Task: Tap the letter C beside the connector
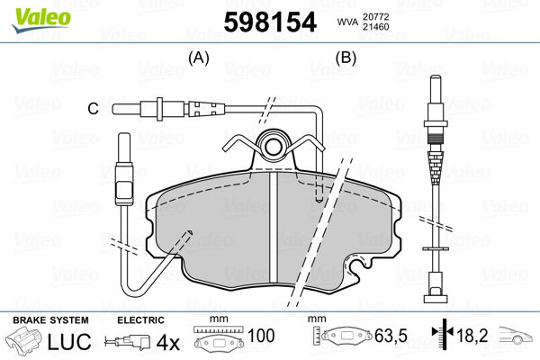(x=92, y=110)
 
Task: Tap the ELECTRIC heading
(x=140, y=319)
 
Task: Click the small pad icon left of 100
(x=220, y=342)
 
